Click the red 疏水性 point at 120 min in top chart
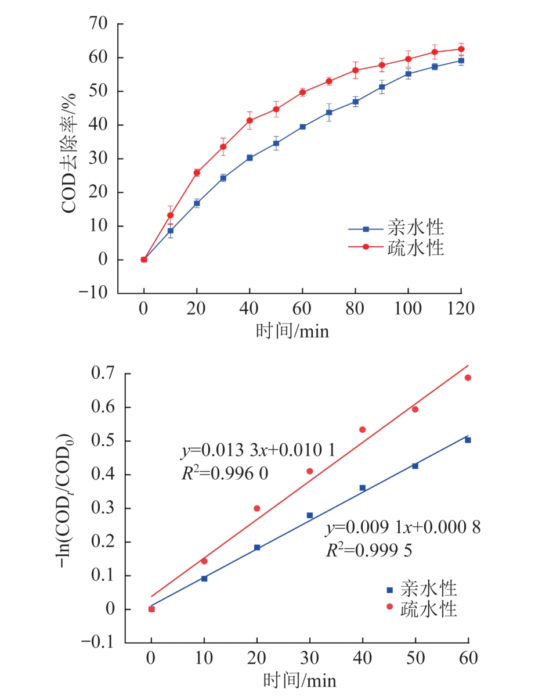point(461,49)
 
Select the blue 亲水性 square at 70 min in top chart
point(329,112)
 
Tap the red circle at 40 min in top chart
point(250,121)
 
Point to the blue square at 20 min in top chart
point(197,203)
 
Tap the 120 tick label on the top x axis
point(461,309)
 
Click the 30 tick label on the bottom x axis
point(310,659)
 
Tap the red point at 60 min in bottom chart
point(468,378)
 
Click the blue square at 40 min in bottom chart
point(363,488)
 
